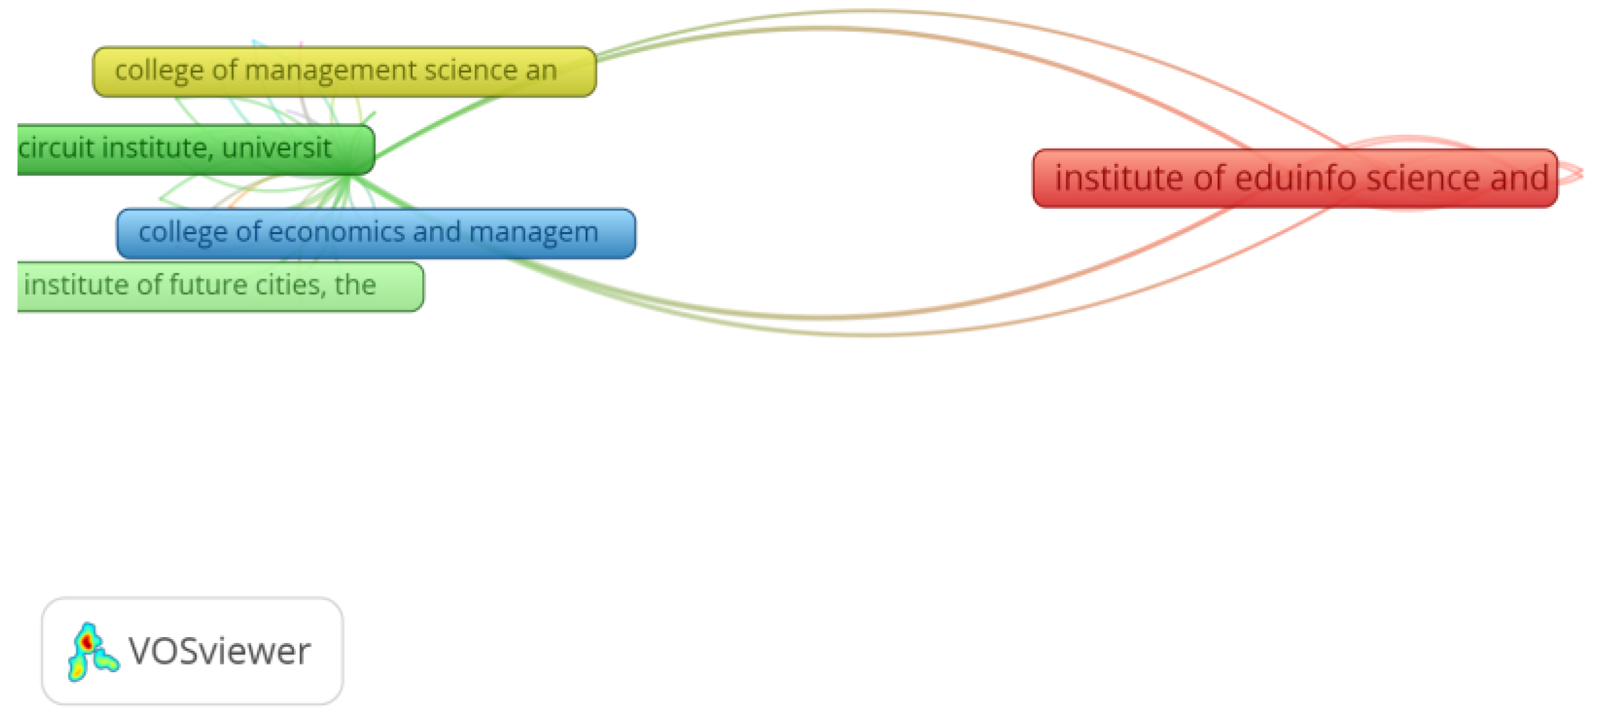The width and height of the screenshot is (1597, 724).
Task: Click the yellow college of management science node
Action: [344, 72]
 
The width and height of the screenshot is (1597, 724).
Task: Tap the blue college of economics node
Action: [376, 233]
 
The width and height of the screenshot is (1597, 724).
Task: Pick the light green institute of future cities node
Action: [220, 286]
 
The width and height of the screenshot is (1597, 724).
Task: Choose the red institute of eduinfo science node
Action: [1295, 178]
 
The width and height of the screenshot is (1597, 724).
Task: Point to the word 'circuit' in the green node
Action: [56, 148]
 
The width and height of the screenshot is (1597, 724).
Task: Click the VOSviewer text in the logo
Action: [220, 651]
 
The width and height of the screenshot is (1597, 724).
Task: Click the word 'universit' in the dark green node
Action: [277, 148]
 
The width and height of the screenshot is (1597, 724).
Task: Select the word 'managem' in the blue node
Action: [533, 232]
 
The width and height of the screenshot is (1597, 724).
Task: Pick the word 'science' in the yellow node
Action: [471, 71]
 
